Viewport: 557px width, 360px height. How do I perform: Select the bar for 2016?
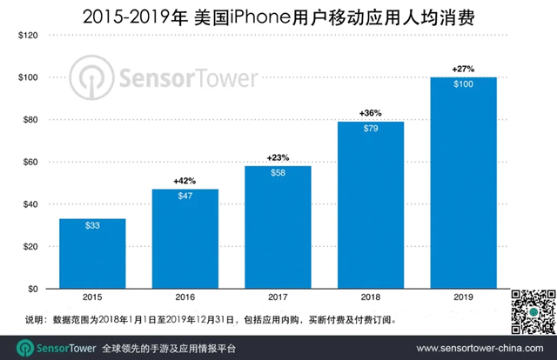(185, 238)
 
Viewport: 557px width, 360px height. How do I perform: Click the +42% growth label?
(185, 180)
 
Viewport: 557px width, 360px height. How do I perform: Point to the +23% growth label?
(278, 157)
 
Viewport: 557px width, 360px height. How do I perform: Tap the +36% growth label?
(371, 113)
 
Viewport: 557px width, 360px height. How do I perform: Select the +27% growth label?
(463, 68)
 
